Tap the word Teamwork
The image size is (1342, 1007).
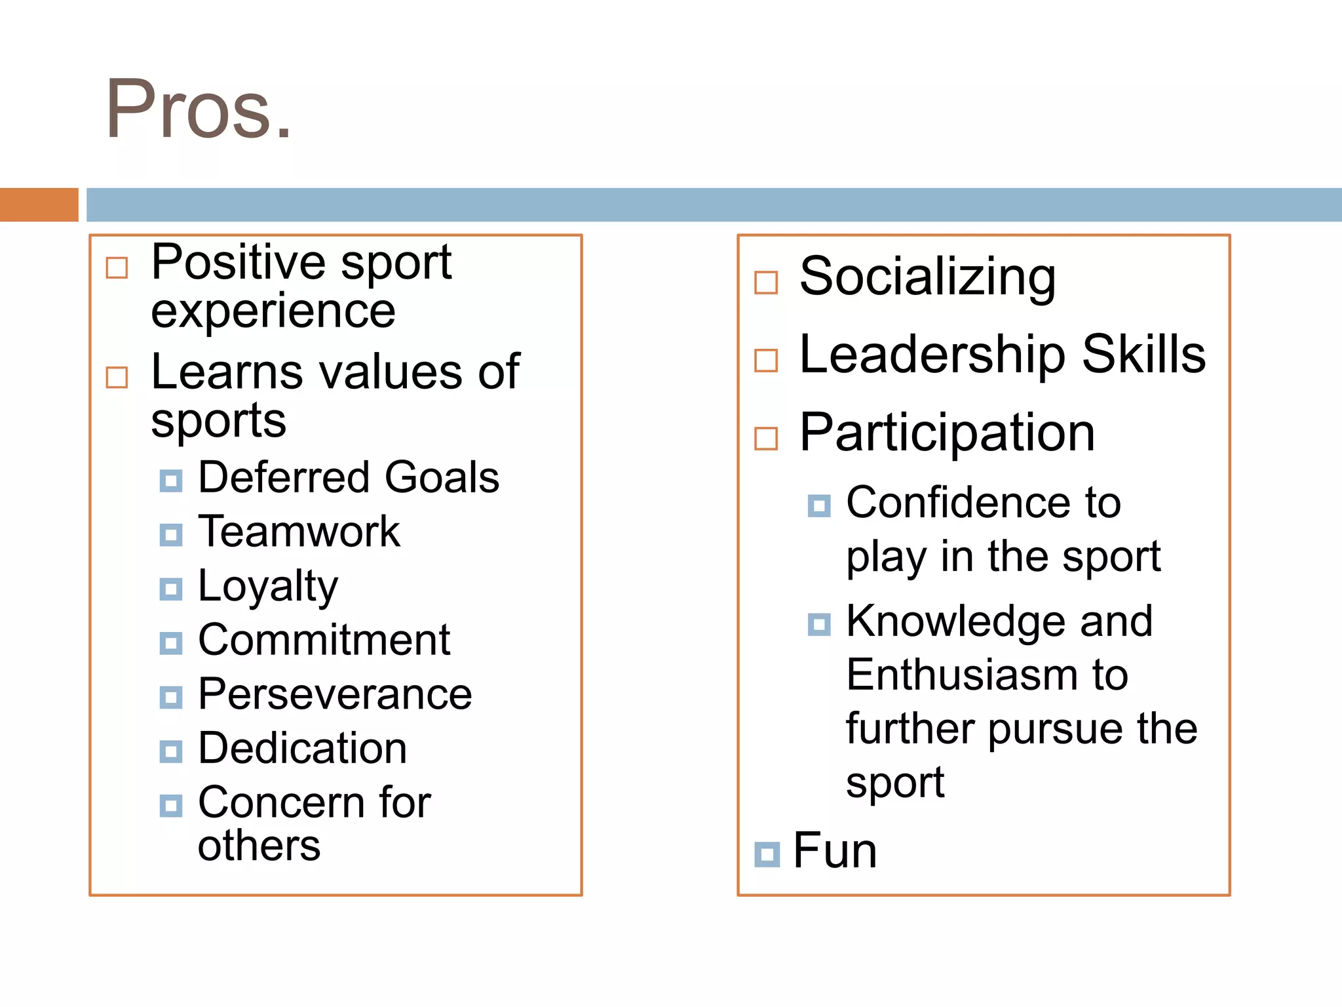click(x=299, y=531)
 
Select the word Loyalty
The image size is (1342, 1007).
click(x=268, y=586)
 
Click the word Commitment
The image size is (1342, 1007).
click(x=324, y=640)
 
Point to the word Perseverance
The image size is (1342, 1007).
click(x=335, y=694)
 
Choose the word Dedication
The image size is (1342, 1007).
click(x=303, y=748)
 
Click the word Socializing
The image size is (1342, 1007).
click(x=927, y=278)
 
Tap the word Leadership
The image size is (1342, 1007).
click(x=934, y=355)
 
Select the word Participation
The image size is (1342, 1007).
click(x=948, y=433)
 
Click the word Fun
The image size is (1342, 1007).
click(x=835, y=851)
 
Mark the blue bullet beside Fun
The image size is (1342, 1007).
click(x=767, y=854)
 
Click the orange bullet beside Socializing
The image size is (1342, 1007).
click(x=766, y=283)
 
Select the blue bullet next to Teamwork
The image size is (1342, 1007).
click(x=171, y=535)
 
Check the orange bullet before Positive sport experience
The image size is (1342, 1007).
click(x=117, y=267)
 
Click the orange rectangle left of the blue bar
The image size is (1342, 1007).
click(x=39, y=205)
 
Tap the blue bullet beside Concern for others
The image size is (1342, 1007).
click(x=171, y=805)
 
